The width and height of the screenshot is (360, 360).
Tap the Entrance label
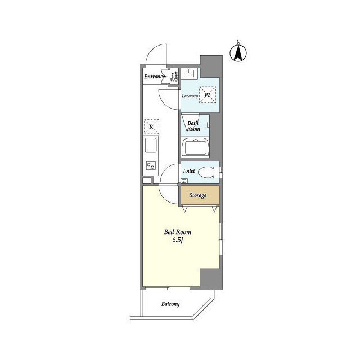pos(155,76)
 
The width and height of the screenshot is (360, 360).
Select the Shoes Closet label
pos(175,77)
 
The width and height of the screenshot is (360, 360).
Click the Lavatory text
pos(190,96)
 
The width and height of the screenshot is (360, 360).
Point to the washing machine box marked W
pos(208,94)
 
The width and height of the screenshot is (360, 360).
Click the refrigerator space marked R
pos(152,127)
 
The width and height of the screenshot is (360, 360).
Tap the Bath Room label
pos(193,126)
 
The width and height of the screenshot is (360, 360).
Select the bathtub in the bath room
pos(196,148)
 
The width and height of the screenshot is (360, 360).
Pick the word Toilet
pos(189,169)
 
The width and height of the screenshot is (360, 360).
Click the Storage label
pos(197,195)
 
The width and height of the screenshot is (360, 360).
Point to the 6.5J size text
pos(178,241)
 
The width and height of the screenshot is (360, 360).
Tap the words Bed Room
pos(178,232)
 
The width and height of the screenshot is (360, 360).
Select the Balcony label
pos(170,304)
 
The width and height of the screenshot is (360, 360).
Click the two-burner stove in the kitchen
pos(151,165)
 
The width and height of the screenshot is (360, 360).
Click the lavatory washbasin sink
pos(190,73)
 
